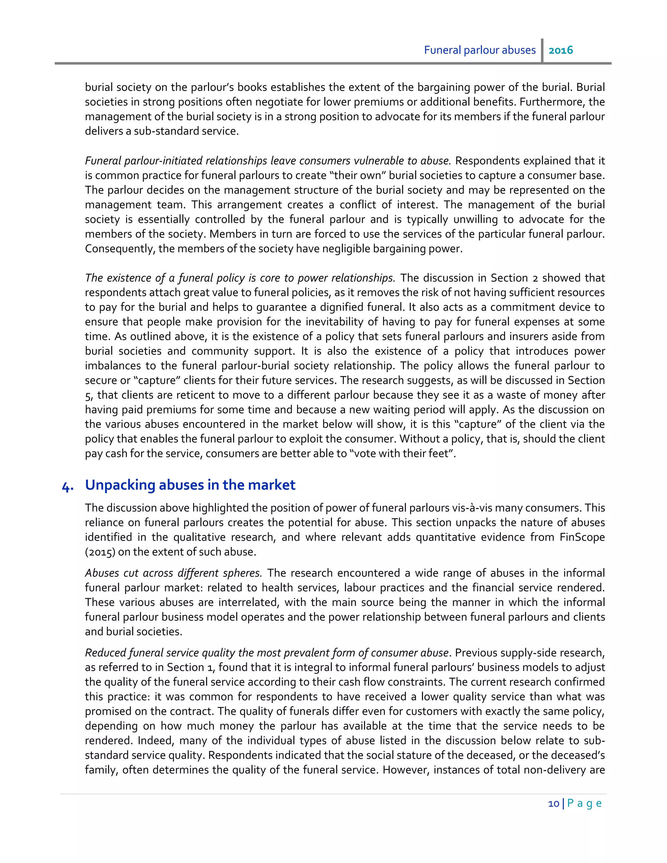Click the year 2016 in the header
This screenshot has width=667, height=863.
[x=561, y=50]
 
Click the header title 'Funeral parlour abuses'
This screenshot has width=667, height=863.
[x=480, y=50]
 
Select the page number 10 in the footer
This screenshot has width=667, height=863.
[x=554, y=804]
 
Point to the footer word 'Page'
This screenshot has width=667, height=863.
[x=584, y=804]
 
